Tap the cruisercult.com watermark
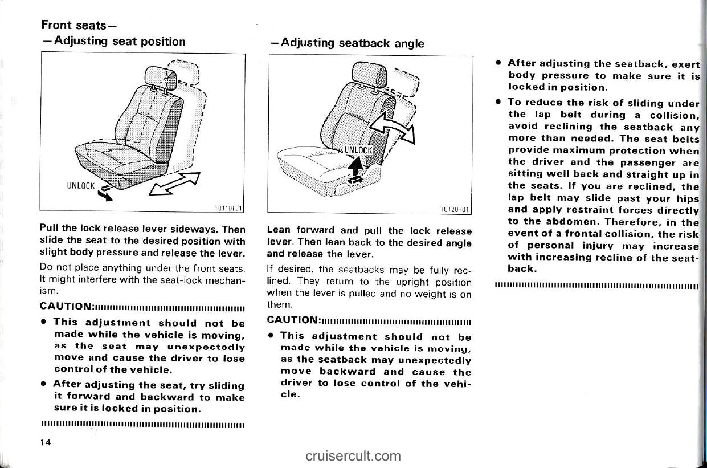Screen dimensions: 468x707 click(353, 455)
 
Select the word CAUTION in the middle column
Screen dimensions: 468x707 click(293, 319)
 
